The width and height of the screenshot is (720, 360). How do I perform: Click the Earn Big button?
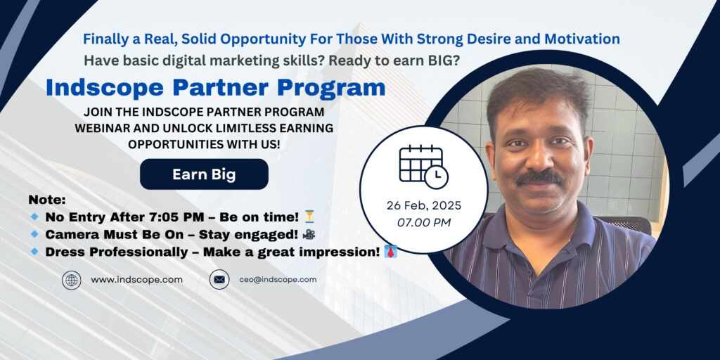click(x=204, y=174)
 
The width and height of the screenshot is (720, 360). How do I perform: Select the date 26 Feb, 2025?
click(x=424, y=205)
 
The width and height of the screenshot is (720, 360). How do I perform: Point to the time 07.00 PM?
click(x=424, y=223)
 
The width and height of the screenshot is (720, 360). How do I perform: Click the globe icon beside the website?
click(x=72, y=280)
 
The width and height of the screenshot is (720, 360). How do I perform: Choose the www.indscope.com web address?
click(x=136, y=280)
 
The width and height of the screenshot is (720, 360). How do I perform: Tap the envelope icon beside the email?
click(x=219, y=279)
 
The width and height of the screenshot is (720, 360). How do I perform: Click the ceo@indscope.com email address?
click(x=277, y=279)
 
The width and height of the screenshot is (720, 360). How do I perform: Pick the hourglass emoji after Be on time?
click(x=310, y=217)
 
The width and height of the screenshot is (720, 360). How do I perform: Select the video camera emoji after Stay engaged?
click(x=309, y=234)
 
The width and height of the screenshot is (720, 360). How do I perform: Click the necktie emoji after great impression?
click(x=390, y=252)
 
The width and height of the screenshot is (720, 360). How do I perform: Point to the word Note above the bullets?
click(x=47, y=200)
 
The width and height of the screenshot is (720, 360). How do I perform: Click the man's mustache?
click(x=539, y=177)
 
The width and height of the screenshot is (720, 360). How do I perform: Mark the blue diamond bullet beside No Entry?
click(x=34, y=217)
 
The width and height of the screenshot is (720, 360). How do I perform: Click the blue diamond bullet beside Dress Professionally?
click(x=34, y=252)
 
